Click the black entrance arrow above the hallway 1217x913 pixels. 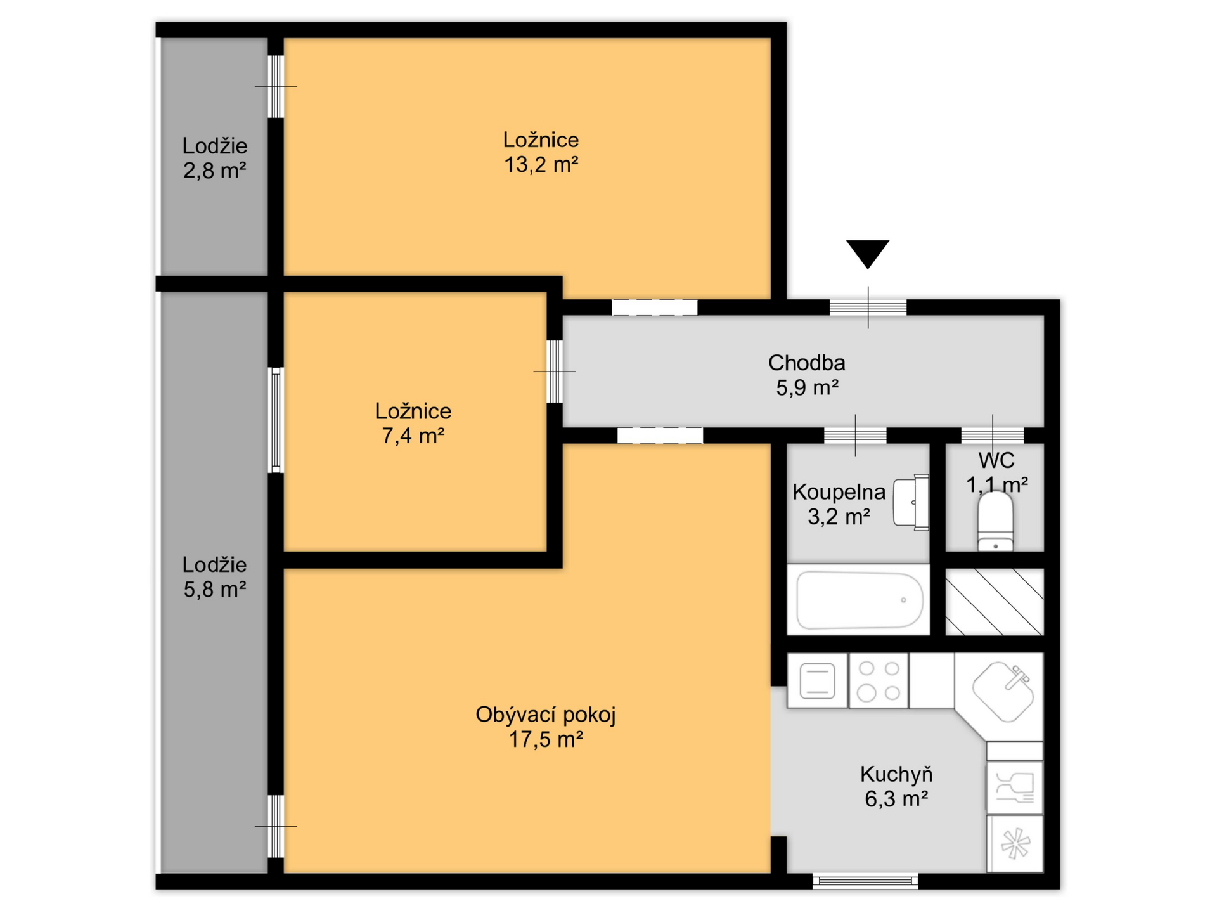point(868,253)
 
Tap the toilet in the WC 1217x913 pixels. point(995,522)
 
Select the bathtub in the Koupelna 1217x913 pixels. point(860,600)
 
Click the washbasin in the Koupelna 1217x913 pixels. point(911,502)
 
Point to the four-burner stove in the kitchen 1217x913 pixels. point(879,681)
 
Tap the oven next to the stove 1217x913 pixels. point(817,681)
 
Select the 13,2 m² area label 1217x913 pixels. point(541,165)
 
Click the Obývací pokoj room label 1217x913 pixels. point(545,715)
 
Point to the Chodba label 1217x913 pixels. point(806,363)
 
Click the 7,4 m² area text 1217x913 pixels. point(413,436)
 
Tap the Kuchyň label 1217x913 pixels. point(896,774)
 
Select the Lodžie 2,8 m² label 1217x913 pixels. point(215,159)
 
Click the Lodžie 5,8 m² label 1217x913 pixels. point(215,577)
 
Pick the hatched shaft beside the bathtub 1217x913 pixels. point(994,602)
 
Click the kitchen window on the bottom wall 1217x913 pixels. point(865,881)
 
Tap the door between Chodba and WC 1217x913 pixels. point(992,436)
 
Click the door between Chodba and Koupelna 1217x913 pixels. point(855,436)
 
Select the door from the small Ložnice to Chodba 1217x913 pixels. point(555,372)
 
